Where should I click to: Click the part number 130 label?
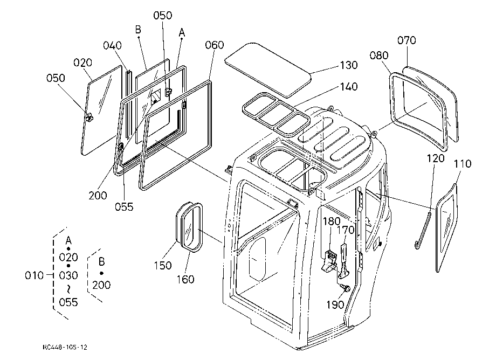tap(349, 65)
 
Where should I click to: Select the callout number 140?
tap(349, 87)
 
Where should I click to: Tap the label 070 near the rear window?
tap(407, 40)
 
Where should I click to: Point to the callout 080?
tap(379, 56)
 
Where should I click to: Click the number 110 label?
tap(463, 164)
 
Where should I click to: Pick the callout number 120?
tap(436, 158)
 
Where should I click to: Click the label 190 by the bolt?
tap(335, 304)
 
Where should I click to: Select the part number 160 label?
tap(185, 279)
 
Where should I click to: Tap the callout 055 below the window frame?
tap(124, 207)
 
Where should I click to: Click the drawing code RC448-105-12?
tap(65, 348)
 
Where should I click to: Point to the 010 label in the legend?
tap(34, 275)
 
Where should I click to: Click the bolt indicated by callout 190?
tap(346, 288)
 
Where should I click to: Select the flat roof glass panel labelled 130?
tap(267, 69)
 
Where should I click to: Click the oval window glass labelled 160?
tap(192, 227)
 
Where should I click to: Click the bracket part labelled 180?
tap(329, 261)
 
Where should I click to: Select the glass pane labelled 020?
tap(102, 110)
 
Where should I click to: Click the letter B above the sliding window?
tap(138, 30)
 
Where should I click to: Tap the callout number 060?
tap(215, 45)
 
